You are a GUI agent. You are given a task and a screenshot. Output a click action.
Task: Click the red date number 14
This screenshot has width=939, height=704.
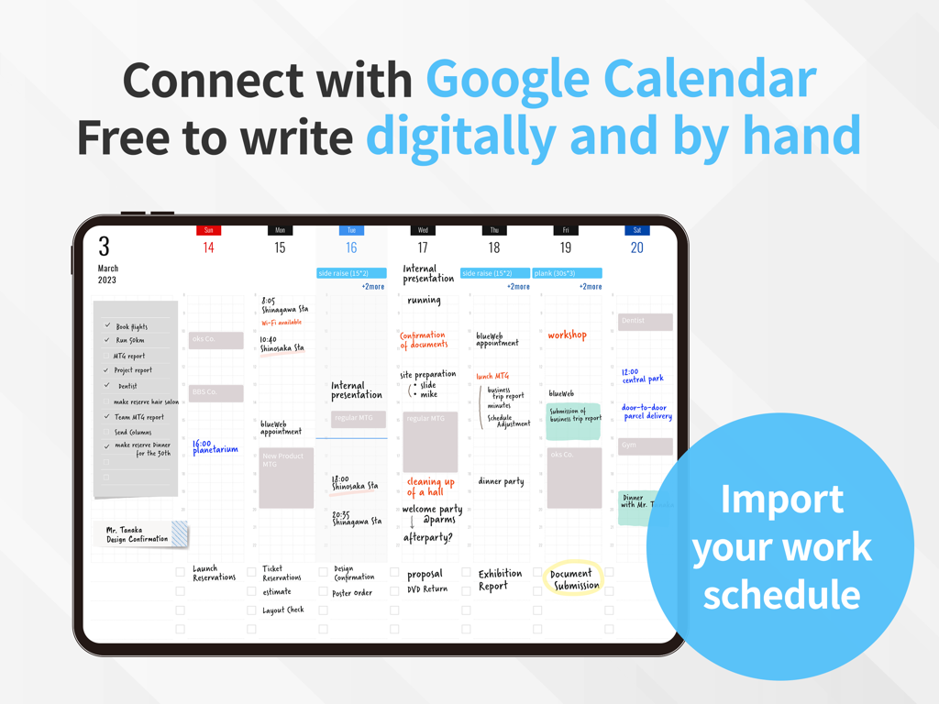pyautogui.click(x=208, y=247)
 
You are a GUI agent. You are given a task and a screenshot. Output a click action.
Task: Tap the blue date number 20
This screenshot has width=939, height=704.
pyautogui.click(x=637, y=247)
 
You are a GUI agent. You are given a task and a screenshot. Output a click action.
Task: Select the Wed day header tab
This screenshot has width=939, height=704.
pyautogui.click(x=423, y=230)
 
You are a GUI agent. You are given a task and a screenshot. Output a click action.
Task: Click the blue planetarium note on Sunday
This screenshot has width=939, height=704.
pyautogui.click(x=215, y=446)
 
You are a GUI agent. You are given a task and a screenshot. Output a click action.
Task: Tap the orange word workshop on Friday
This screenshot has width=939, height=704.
pyautogui.click(x=567, y=335)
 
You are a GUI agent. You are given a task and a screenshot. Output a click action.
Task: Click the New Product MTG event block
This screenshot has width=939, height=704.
pyautogui.click(x=286, y=477)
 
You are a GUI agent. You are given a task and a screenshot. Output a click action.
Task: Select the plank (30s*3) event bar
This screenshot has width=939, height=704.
pyautogui.click(x=567, y=273)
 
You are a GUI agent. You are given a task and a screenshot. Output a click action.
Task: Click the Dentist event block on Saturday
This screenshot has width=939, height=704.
pyautogui.click(x=646, y=321)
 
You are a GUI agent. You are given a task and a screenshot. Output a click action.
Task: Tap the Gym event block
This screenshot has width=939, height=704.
pyautogui.click(x=646, y=445)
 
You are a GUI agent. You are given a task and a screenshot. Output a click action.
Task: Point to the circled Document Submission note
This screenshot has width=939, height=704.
pyautogui.click(x=574, y=579)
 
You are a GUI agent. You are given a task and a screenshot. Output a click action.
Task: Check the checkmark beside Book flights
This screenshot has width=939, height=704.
pyautogui.click(x=107, y=325)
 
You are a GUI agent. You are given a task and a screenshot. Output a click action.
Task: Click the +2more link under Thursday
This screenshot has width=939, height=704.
pyautogui.click(x=518, y=287)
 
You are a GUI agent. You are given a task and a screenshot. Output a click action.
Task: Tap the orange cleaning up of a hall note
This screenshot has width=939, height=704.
pyautogui.click(x=430, y=487)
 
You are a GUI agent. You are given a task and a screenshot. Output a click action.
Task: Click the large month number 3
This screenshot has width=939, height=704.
pyautogui.click(x=104, y=247)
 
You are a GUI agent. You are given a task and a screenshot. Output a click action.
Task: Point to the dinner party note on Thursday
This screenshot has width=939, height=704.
pyautogui.click(x=501, y=481)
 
